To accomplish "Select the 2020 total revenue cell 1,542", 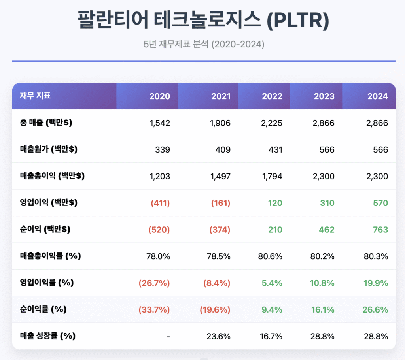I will coord(160,123).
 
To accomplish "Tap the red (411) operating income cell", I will coord(160,203).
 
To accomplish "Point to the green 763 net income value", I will coord(380,230).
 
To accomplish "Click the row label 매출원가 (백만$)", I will coord(49,150).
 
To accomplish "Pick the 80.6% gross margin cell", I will coord(271,256).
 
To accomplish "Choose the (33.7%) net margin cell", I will coord(154,310).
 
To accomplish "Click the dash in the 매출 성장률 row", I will coord(168,336).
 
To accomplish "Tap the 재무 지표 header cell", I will coord(35,96).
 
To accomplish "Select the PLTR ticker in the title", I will coord(302,21).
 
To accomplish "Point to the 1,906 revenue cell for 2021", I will coord(220,123).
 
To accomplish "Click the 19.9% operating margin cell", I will coord(375,283).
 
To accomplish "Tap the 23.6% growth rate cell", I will coord(218,336).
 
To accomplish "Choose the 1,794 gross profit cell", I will coord(272,176).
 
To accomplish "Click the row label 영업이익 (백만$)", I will coord(49,203).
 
